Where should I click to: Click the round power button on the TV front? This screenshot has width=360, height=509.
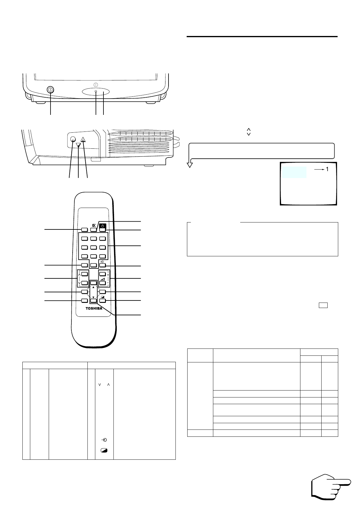coord(51,90)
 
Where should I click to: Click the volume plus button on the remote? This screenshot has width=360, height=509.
coord(103,274)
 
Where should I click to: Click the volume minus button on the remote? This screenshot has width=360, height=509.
coord(103,283)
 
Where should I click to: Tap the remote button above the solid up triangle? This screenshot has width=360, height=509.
coord(93,283)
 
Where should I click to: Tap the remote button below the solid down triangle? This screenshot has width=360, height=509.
coord(93,300)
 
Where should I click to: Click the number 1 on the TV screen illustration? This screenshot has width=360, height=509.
coord(327,170)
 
